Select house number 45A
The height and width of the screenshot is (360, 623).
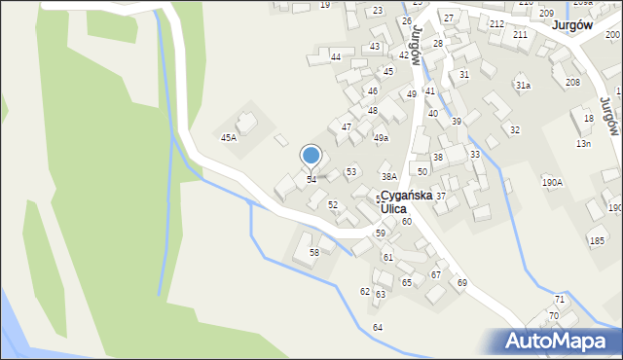[228, 138]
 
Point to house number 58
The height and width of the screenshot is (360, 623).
[314, 253]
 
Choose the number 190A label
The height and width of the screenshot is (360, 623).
[553, 182]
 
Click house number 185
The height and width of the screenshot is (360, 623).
[596, 240]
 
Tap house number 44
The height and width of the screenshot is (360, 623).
[336, 57]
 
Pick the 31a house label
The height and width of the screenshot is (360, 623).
[524, 86]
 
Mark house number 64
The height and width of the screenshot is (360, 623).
[378, 327]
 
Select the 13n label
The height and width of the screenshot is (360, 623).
[583, 144]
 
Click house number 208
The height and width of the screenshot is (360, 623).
[572, 83]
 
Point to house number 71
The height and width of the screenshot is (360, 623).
[560, 299]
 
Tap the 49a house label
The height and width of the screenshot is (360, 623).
[381, 138]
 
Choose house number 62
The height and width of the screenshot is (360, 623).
[365, 292]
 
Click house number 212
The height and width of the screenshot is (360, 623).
[496, 23]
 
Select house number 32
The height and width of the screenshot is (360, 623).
[515, 129]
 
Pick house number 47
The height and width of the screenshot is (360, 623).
[347, 127]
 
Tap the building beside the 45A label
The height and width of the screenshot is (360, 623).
[247, 123]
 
